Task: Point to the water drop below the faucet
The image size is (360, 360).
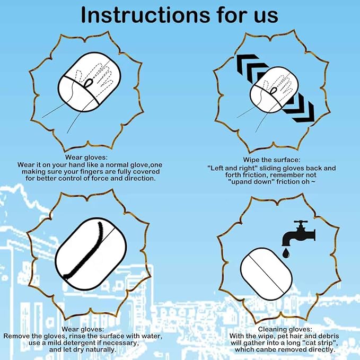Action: click(x=286, y=254)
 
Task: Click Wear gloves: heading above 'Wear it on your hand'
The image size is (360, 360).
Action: click(x=87, y=157)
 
